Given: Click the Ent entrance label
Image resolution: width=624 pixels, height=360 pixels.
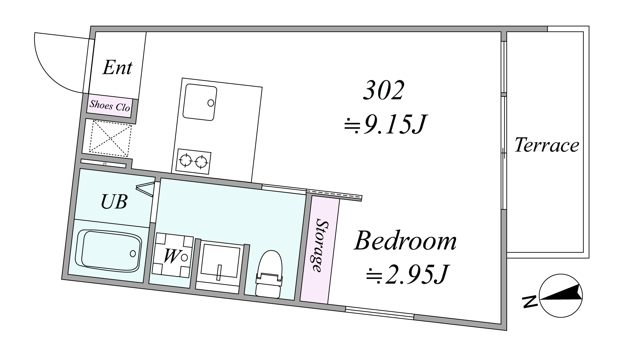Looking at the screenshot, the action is coord(117,67).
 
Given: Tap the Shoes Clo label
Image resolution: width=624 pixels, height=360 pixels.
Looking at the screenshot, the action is coord(110,106).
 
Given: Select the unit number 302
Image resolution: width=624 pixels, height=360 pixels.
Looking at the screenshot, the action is coord(383,90).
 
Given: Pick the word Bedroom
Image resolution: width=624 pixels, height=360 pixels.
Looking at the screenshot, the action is coord(406,241).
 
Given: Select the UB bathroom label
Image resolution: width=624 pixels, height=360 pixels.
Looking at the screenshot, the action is coord(114,202).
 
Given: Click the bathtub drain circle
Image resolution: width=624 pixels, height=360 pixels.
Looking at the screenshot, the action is coord(133,254).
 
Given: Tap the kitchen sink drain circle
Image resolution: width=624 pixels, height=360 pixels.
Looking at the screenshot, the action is coord(211,103).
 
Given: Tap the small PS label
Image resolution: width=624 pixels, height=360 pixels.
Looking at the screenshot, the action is coord(105,164).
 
